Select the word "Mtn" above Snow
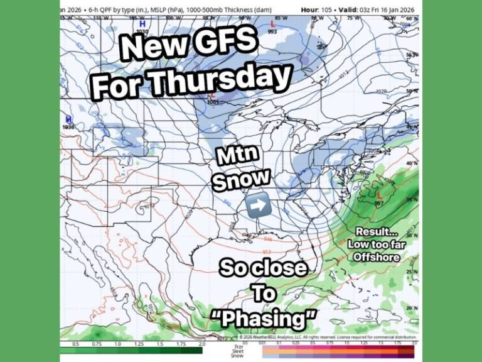click(235, 156)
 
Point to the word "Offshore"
click(377, 256)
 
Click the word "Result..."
click(376, 231)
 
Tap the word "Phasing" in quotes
click(264, 319)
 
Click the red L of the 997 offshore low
click(378, 196)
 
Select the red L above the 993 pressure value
click(272, 24)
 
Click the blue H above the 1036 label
click(68, 118)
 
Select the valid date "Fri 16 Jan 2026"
click(391, 10)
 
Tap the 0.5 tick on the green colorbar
click(75, 344)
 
